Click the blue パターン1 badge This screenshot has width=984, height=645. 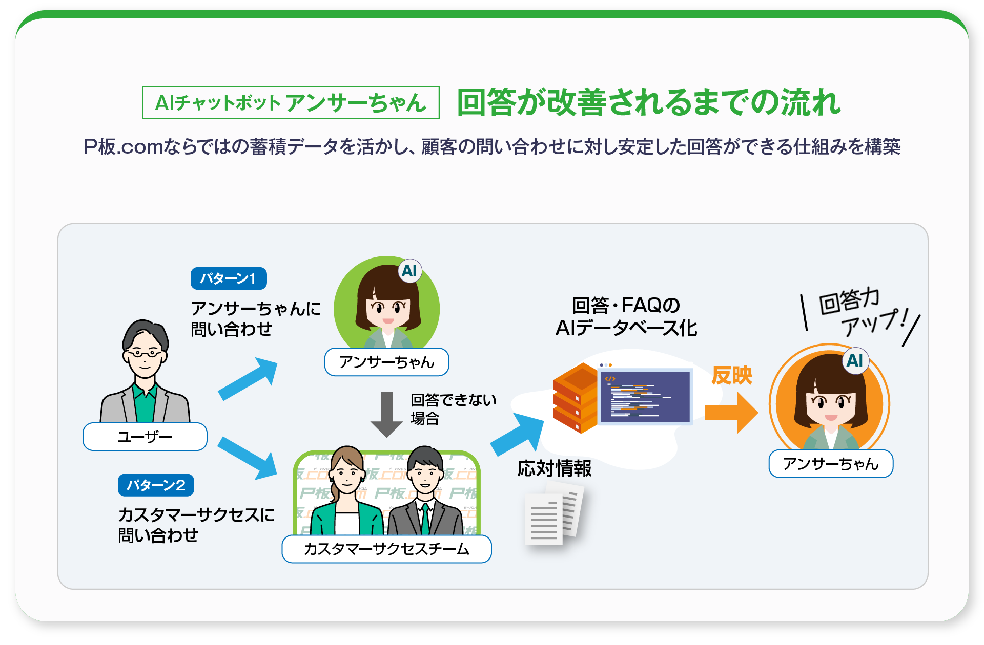pos(229,278)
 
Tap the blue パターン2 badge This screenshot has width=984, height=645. pos(156,485)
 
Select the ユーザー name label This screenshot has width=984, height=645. pos(145,437)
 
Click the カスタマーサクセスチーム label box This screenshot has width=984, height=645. pos(386,549)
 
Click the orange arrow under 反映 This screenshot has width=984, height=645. pos(731,412)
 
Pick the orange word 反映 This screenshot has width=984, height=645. pos(731,375)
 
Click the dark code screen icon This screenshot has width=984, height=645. pos(645,396)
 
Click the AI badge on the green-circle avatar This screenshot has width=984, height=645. pos(409,271)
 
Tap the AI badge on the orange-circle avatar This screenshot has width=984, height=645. pos(855,361)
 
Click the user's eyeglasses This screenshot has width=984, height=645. pos(145,353)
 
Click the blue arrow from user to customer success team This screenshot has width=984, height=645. pos(249,458)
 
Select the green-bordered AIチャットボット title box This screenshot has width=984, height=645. pos(291,102)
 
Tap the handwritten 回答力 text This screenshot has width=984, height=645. pos(849,300)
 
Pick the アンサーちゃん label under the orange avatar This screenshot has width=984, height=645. pos(830,464)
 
